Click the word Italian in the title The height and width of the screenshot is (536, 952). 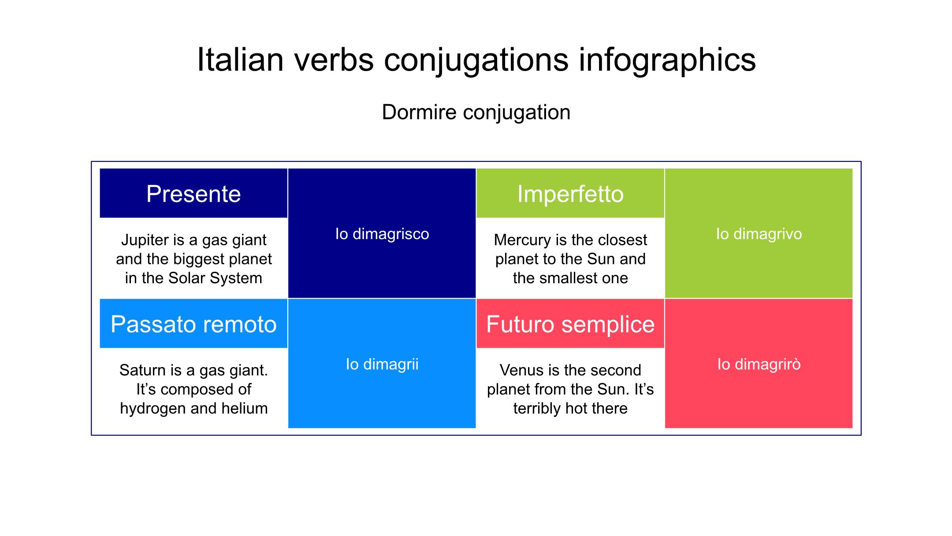click(x=240, y=60)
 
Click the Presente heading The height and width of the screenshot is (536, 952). click(x=193, y=194)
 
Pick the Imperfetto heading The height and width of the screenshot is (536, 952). click(x=570, y=194)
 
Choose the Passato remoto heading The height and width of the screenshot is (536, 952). click(x=193, y=324)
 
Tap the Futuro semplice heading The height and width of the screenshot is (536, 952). click(x=570, y=325)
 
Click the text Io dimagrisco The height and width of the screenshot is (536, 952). click(x=382, y=234)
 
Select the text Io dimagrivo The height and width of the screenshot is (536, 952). click(x=759, y=234)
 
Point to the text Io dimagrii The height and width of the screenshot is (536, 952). click(x=382, y=364)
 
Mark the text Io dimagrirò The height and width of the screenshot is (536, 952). click(x=759, y=364)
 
